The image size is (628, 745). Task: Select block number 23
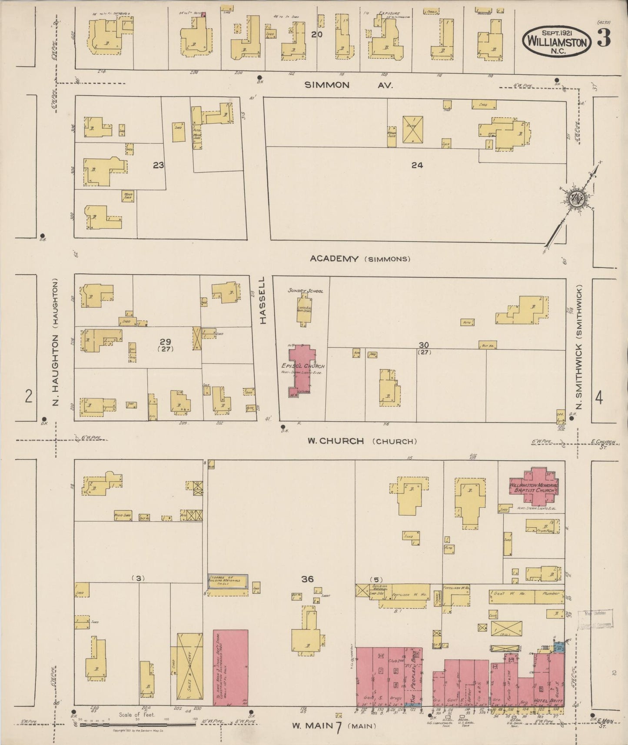click(x=159, y=165)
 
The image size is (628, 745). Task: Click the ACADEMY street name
click(x=334, y=259)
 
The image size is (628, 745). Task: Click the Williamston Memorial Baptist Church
click(x=534, y=487)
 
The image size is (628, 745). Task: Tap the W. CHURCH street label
click(x=335, y=441)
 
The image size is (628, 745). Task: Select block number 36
click(x=307, y=579)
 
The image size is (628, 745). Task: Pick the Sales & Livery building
click(x=190, y=669)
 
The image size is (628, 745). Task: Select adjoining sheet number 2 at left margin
click(x=29, y=396)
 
